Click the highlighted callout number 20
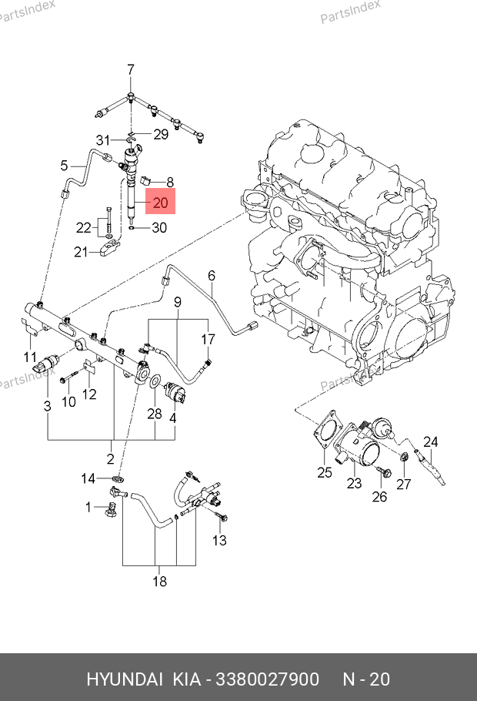click(x=160, y=202)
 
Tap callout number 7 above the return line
click(x=131, y=70)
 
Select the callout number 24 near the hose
click(x=431, y=442)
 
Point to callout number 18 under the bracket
click(x=159, y=581)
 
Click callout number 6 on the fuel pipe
click(x=212, y=276)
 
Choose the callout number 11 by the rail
click(x=30, y=357)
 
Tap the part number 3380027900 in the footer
click(x=268, y=679)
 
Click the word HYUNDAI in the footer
click(x=124, y=679)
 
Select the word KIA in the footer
click(x=186, y=679)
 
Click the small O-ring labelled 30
click(x=132, y=228)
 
